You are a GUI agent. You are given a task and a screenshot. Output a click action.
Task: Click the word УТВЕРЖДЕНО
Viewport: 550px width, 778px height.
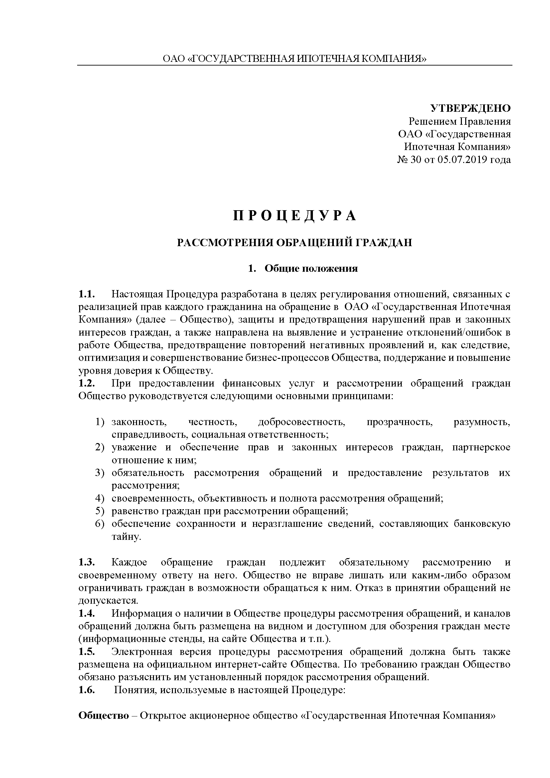pyautogui.click(x=471, y=108)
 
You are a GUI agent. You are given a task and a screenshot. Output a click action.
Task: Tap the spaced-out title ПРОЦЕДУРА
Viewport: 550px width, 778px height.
pyautogui.click(x=295, y=216)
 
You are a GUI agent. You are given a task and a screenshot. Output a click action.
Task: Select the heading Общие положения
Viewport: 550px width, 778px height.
pyautogui.click(x=311, y=269)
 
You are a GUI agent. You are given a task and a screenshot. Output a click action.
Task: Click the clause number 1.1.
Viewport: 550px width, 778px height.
pyautogui.click(x=86, y=294)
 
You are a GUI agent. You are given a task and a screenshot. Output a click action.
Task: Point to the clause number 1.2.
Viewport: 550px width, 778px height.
pyautogui.click(x=86, y=383)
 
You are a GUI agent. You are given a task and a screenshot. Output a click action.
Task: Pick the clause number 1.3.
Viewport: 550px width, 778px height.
pyautogui.click(x=86, y=562)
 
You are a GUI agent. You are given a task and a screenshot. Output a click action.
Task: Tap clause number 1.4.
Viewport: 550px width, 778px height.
pyautogui.click(x=86, y=614)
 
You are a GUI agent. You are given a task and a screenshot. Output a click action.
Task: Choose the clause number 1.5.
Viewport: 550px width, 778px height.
pyautogui.click(x=86, y=652)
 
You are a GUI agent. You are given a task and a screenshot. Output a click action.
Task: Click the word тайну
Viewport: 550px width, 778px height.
pyautogui.click(x=126, y=537)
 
